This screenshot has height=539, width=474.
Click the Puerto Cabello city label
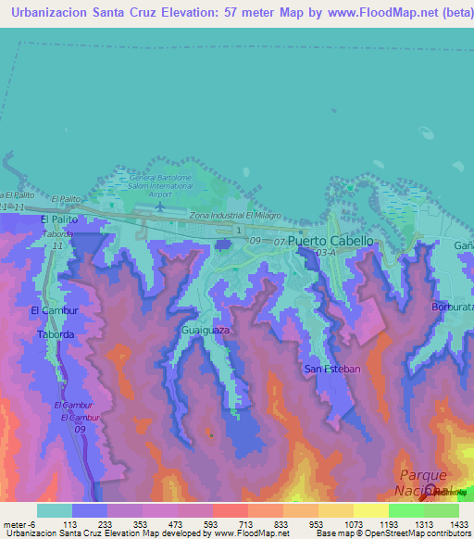click(331, 241)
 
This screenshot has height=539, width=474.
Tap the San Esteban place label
click(331, 369)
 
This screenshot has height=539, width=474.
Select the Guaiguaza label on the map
click(206, 330)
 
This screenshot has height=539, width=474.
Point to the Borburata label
click(453, 306)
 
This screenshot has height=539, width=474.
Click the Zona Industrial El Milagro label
click(234, 215)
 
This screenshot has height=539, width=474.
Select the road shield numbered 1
click(239, 230)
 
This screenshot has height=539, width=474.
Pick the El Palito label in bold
click(58, 219)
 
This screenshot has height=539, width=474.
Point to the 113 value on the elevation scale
click(69, 524)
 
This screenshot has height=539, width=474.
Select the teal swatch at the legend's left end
click(54, 510)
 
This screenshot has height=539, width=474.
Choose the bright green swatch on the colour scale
click(405, 510)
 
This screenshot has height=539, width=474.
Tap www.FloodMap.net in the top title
click(379, 13)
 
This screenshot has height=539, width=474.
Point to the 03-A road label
click(325, 252)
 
